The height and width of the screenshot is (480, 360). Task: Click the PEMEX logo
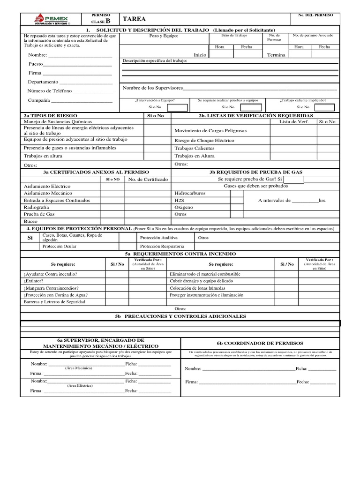pos(52,19)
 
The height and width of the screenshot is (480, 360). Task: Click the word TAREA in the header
pos(134,19)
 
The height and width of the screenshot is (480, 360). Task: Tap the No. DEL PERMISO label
pos(315,15)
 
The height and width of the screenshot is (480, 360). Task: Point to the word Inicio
pos(200,55)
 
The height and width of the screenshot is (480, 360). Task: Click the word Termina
pos(276,55)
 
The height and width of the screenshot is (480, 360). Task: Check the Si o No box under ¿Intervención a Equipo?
pos(177,107)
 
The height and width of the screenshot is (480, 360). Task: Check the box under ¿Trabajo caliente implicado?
pos(324,107)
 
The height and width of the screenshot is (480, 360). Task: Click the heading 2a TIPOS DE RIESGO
pos(51,115)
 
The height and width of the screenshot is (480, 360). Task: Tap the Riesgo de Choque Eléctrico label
pos(204,141)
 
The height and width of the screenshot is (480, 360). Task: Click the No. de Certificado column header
pos(148,179)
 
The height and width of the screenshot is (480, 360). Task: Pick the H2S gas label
pos(180,200)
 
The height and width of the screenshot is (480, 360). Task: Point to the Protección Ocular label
pos(59,246)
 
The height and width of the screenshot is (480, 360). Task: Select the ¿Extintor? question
pos(33,281)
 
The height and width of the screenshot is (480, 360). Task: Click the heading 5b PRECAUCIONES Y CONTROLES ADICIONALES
pos(180,316)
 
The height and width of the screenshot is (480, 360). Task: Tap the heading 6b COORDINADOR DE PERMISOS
pos(260,343)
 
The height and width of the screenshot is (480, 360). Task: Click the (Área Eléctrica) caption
pos(80,385)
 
